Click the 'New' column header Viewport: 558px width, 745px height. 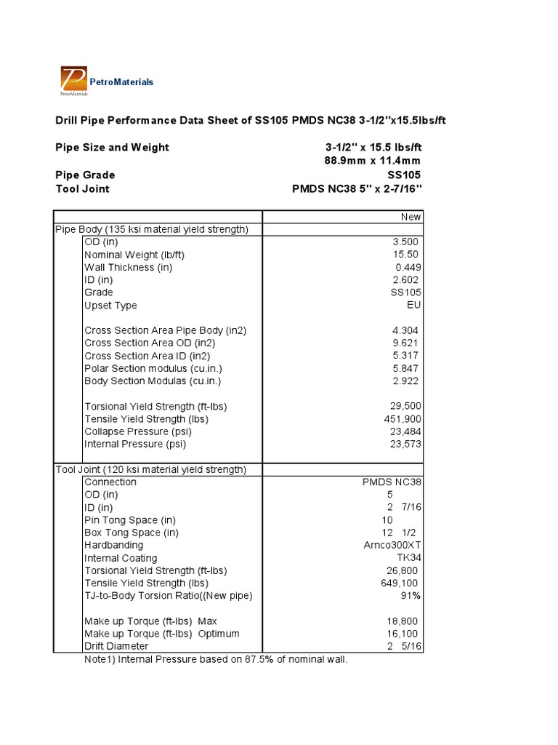click(411, 217)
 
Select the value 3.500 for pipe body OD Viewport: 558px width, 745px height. click(407, 242)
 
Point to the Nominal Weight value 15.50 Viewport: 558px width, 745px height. click(408, 255)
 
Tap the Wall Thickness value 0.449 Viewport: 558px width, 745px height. click(408, 267)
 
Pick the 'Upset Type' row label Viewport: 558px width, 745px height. click(110, 306)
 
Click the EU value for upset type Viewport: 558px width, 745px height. click(414, 306)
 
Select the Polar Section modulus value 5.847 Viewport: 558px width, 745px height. click(407, 368)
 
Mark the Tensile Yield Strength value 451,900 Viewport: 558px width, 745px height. click(403, 419)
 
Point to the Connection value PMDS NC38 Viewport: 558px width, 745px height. click(392, 482)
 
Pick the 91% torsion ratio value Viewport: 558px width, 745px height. click(412, 596)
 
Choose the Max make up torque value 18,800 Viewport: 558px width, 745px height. click(403, 621)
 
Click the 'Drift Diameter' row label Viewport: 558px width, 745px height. click(116, 646)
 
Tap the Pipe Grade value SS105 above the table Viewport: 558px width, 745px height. click(404, 175)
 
